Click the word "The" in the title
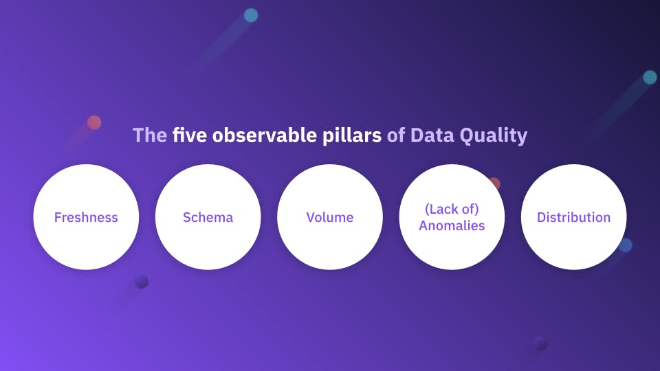tap(149, 135)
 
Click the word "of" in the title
tap(395, 135)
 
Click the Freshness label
tap(86, 217)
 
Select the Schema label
tap(208, 217)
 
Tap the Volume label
tap(330, 217)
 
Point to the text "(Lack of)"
tap(452, 210)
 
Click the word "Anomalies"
tap(452, 225)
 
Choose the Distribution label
tap(573, 217)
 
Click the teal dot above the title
tap(251, 15)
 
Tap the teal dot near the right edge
tap(650, 77)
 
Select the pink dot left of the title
tap(94, 122)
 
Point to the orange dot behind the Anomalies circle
tap(494, 183)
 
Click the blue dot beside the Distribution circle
tap(626, 245)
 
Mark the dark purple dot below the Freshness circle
tap(142, 282)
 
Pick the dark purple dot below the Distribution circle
tap(540, 343)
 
